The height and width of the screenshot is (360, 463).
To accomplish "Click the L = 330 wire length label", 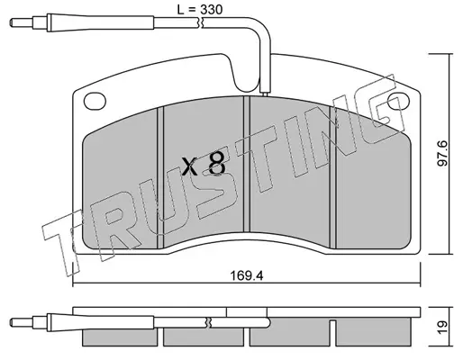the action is tap(200, 9).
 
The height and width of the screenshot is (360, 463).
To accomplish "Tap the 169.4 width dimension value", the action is tap(247, 275).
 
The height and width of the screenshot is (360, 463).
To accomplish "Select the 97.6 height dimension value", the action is tap(442, 153).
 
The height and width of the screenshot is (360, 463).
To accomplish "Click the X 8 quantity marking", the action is tap(204, 164).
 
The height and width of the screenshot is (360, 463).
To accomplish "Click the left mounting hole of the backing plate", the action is tap(95, 101).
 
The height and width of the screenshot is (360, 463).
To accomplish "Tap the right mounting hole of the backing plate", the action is tap(398, 101).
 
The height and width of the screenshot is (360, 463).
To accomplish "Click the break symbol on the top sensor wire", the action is tap(200, 22).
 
